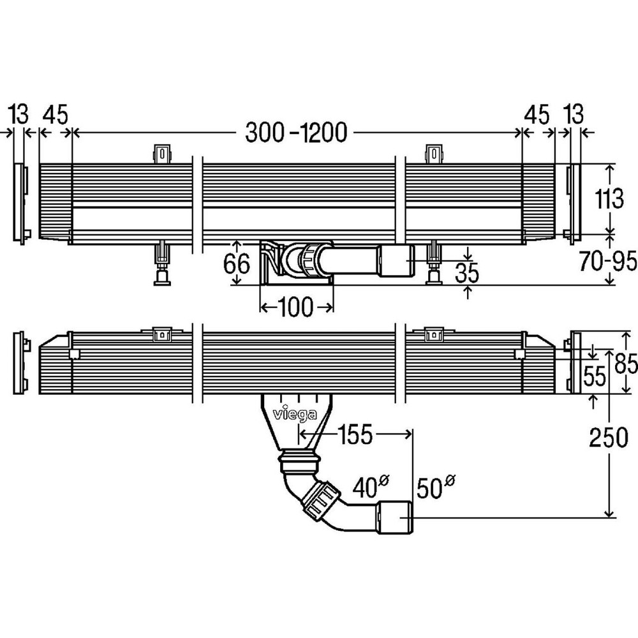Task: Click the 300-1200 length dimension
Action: (x=296, y=133)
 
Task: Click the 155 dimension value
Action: (x=354, y=435)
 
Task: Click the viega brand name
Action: (x=295, y=415)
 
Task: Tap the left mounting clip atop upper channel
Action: (x=163, y=154)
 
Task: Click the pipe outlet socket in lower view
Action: (x=396, y=517)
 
